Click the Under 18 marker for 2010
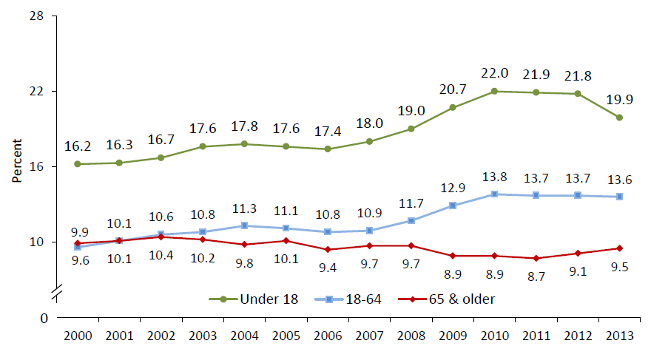[x=495, y=91]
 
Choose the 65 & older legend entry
[x=455, y=299]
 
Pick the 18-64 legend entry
[x=355, y=299]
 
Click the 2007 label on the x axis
[x=369, y=336]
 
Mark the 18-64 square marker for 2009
[x=453, y=206]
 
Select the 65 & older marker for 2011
[x=536, y=258]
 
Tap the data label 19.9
[x=620, y=100]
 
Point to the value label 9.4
[x=328, y=268]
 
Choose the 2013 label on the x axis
[x=620, y=336]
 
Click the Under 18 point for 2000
[x=77, y=164]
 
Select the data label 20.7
[x=453, y=89]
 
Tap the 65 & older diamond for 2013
[x=620, y=248]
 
